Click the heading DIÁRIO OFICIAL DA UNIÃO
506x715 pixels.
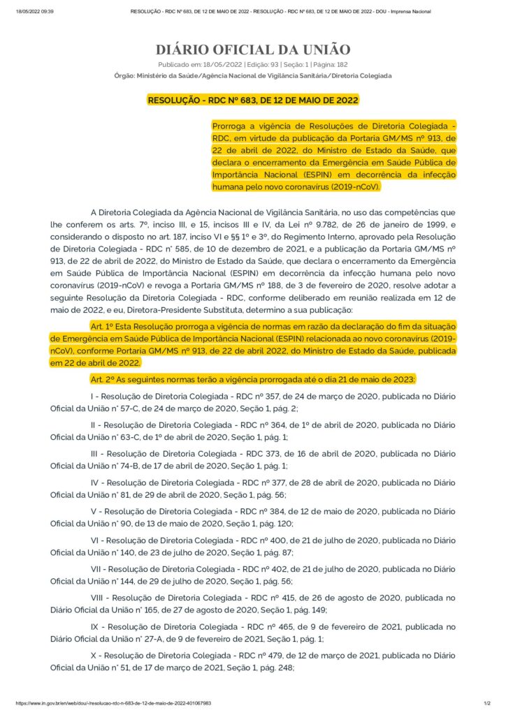click(252, 50)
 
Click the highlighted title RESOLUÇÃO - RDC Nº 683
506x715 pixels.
click(252, 100)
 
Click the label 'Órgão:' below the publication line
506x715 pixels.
click(124, 75)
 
